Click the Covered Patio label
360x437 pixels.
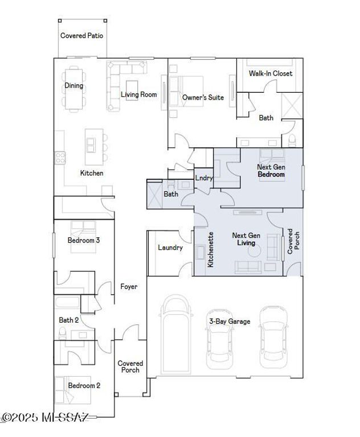tap(82, 35)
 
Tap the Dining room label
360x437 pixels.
tap(73, 86)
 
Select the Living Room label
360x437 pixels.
tap(138, 94)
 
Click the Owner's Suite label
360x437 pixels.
tap(203, 97)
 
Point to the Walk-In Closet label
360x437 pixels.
tap(271, 73)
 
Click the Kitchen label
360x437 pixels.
tap(91, 173)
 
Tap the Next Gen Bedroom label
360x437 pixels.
tap(271, 171)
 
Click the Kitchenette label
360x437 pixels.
tap(210, 249)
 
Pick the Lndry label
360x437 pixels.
tap(204, 178)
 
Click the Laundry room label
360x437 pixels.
tap(170, 248)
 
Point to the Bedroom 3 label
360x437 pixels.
tap(84, 240)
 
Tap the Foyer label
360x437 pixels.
tap(129, 287)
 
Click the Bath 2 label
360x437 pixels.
tap(69, 320)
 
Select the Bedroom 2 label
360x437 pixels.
tap(84, 385)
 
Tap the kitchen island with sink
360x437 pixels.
tap(91, 145)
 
